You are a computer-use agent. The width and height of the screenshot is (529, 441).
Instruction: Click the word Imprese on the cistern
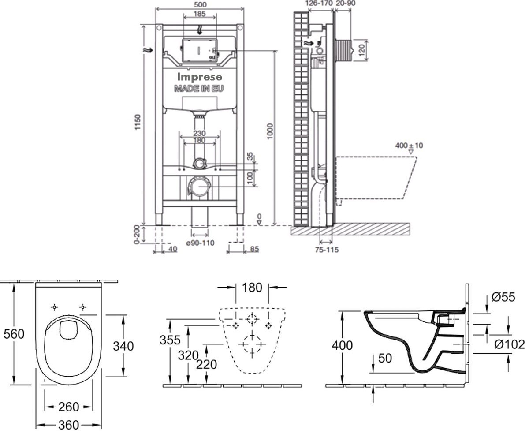point(199,77)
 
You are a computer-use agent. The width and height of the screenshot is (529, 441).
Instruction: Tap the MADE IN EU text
point(199,89)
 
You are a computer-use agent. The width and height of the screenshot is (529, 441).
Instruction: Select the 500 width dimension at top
point(200,4)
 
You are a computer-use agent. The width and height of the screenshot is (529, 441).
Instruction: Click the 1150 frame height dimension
point(138,122)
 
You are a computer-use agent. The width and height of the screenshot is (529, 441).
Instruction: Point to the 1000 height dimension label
point(270,131)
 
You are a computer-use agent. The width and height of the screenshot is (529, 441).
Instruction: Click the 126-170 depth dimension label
point(319,3)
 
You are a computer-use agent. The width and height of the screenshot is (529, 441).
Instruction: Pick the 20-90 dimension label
point(346,3)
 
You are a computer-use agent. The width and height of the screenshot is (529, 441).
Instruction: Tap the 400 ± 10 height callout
point(409,146)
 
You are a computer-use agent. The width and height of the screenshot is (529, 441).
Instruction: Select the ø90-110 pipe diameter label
point(200,243)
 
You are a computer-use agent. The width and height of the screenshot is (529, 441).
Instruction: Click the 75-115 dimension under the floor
point(327,250)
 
